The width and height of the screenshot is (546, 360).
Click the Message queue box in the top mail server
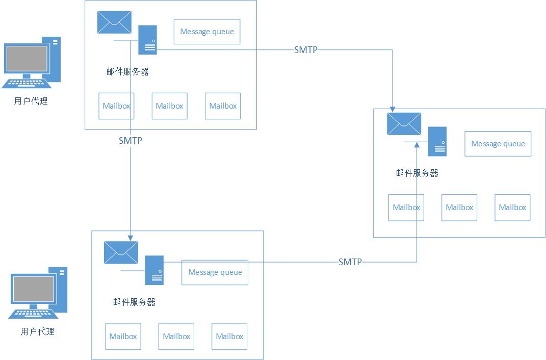207,32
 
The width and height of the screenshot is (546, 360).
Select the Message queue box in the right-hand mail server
498,144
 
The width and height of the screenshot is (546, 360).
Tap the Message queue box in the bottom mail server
215,272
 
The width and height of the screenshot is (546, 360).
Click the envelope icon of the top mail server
114,22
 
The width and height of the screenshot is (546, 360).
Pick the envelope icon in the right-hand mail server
404,124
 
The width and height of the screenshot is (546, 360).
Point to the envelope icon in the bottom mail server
121,252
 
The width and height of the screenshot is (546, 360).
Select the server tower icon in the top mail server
148,40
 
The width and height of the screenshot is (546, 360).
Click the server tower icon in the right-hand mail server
437,141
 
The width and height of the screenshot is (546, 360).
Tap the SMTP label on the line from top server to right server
306,49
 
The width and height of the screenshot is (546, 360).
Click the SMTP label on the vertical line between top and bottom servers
130,141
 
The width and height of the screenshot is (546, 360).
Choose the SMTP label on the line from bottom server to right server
350,262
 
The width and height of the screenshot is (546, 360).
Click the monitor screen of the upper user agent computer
27,59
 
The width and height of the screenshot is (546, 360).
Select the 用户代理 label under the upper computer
31,101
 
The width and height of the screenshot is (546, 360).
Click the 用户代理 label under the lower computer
37,331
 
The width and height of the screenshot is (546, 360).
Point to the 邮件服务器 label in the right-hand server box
417,173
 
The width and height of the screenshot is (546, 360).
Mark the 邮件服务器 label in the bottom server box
134,302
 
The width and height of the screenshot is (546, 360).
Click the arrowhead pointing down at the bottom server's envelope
130,237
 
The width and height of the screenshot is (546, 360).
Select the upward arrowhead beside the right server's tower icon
417,145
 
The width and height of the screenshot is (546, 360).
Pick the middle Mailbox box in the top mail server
169,106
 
